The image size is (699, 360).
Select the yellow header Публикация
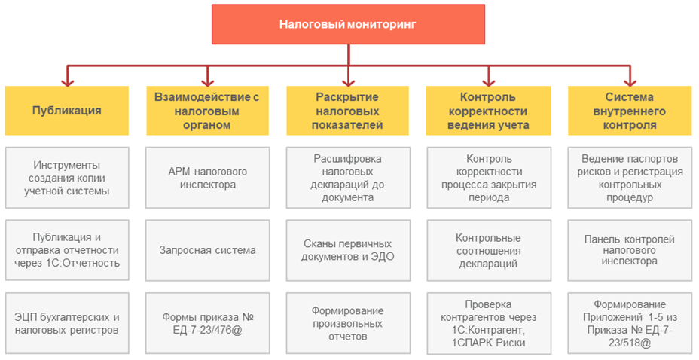tap(66, 110)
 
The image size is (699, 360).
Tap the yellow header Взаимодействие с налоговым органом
tap(206, 110)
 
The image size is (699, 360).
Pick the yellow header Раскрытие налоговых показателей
tap(347, 110)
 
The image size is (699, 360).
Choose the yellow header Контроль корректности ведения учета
tap(488, 110)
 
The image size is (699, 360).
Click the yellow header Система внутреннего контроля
tap(629, 110)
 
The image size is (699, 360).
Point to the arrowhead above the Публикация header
tap(66, 80)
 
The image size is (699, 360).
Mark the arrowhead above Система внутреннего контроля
tap(629, 80)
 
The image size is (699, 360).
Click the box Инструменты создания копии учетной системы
tap(66, 178)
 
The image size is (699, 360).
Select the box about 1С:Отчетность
tap(66, 250)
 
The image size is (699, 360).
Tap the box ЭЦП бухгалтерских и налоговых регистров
tap(66, 322)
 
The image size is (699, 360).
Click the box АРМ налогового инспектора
tap(206, 178)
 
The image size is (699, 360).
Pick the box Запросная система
tap(206, 250)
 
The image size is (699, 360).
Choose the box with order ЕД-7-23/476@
tap(206, 322)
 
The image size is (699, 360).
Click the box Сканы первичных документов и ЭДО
tap(347, 250)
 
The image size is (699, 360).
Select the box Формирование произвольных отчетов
tap(347, 322)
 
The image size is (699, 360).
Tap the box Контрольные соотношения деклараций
tap(488, 250)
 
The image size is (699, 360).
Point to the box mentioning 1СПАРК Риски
tap(488, 322)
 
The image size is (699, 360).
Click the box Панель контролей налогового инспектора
tap(629, 250)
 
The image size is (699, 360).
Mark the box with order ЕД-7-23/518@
tap(629, 322)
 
